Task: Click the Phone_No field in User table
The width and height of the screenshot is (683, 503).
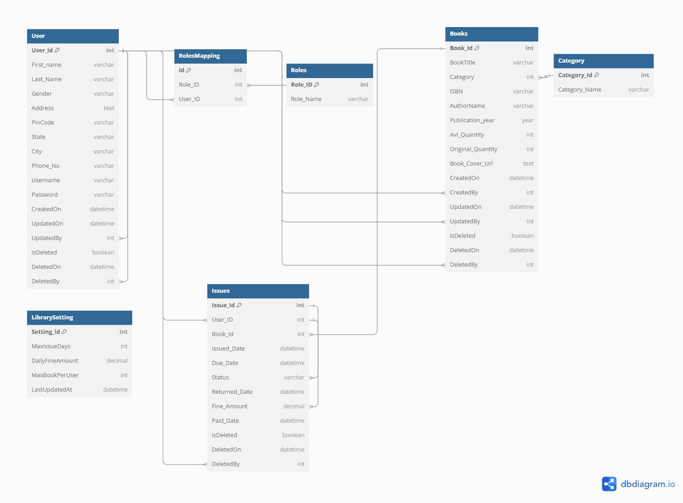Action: click(46, 166)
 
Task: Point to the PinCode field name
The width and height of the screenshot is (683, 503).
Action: click(43, 123)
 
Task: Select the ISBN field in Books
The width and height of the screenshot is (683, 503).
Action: click(456, 92)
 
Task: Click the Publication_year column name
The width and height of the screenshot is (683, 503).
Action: click(472, 120)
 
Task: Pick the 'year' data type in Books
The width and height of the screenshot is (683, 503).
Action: click(527, 120)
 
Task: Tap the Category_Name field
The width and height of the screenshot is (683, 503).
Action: click(579, 90)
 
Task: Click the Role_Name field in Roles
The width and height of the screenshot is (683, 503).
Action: click(306, 99)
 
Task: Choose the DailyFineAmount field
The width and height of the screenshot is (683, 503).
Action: click(55, 361)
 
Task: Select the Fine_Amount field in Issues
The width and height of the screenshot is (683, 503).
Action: click(230, 406)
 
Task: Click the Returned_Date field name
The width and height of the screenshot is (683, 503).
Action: click(232, 392)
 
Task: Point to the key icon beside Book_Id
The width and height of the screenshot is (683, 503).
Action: click(477, 48)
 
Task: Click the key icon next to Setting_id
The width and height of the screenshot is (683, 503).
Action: click(64, 332)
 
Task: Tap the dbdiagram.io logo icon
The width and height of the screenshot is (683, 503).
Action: click(609, 484)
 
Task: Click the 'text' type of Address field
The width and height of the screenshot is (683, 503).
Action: click(109, 108)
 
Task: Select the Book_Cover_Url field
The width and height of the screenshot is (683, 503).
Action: click(471, 164)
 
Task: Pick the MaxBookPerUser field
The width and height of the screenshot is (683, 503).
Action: click(55, 375)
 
